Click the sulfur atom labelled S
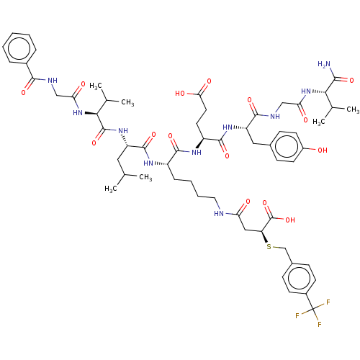tap(269, 246)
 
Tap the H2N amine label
tap(324, 64)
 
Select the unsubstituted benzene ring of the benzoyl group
tap(19, 49)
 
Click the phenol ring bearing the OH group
tap(287, 146)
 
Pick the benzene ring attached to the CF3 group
tap(299, 279)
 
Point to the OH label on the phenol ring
tap(323, 150)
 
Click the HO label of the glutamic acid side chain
tap(180, 94)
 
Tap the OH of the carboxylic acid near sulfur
tap(290, 220)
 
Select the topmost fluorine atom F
tap(328, 302)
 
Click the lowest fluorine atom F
tap(320, 325)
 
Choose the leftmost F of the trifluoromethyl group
tap(297, 316)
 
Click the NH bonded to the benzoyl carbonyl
tap(53, 80)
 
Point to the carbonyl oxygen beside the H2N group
tap(351, 80)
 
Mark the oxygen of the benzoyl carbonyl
tap(23, 92)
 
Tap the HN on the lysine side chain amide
tap(219, 213)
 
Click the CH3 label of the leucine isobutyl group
tap(145, 178)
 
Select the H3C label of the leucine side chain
tap(111, 189)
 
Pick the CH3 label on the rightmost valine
tap(353, 110)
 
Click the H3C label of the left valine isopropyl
tap(96, 86)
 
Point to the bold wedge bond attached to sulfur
tap(264, 237)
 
